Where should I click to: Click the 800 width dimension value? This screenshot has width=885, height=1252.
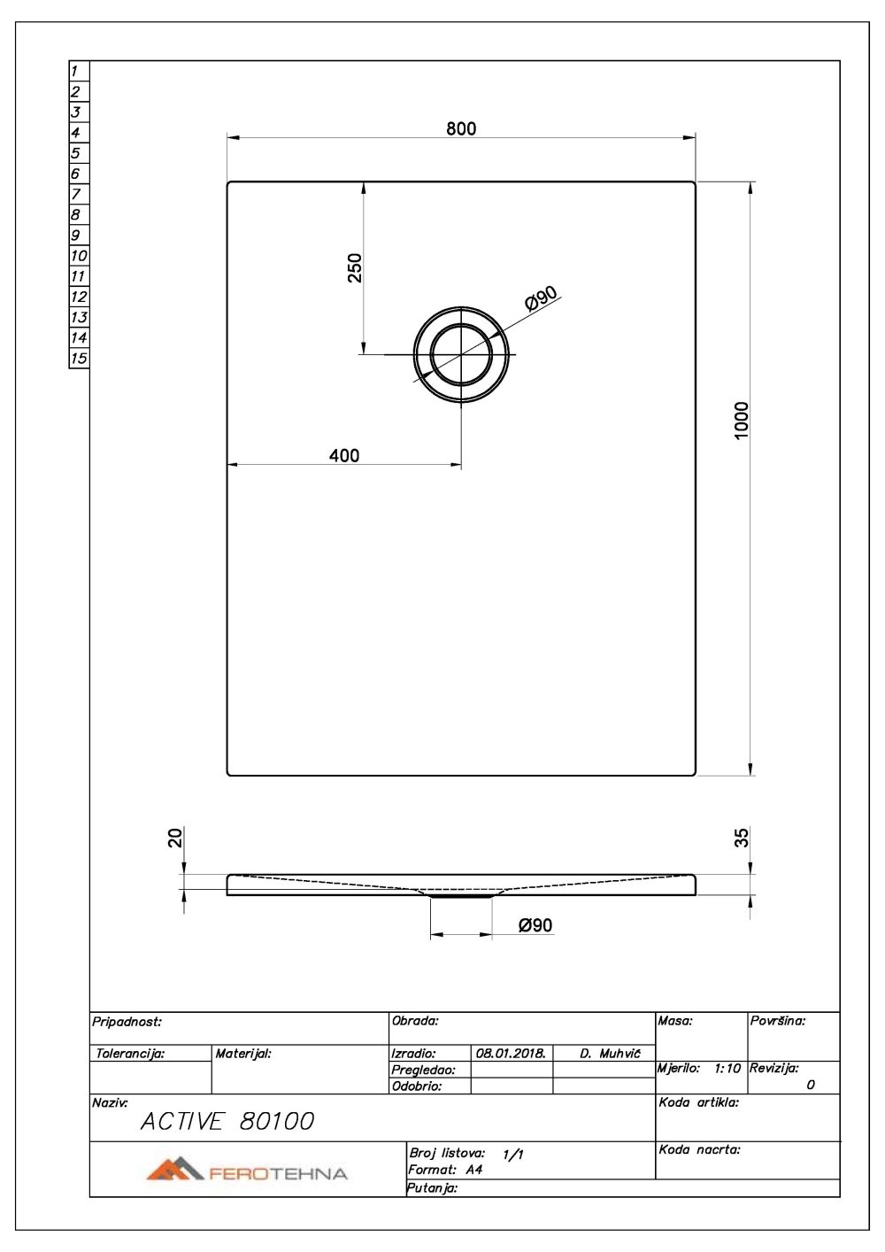point(461,128)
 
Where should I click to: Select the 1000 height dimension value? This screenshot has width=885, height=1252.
point(742,420)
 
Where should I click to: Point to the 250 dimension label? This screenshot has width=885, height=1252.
point(355,267)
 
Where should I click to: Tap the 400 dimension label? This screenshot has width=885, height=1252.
point(344,455)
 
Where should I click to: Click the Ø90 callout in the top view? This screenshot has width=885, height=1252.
point(541,298)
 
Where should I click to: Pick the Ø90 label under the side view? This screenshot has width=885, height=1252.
point(535,925)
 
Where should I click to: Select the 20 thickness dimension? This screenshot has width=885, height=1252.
point(176,837)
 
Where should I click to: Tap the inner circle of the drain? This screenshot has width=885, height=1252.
point(460,354)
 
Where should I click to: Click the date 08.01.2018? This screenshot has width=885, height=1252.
point(511,1054)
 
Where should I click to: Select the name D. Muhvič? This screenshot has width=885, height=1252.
point(610,1054)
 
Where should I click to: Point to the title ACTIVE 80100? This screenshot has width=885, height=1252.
point(227,1122)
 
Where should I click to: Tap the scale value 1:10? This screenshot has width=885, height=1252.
point(727,1069)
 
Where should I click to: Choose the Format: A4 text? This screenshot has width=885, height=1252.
point(445,1170)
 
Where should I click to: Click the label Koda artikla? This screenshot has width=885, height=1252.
point(698,1103)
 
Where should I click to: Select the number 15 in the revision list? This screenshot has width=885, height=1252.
point(79,359)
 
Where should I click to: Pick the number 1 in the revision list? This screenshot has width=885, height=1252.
point(75,71)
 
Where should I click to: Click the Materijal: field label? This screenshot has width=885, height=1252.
point(243,1054)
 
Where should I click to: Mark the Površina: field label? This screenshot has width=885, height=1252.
point(778,1021)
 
